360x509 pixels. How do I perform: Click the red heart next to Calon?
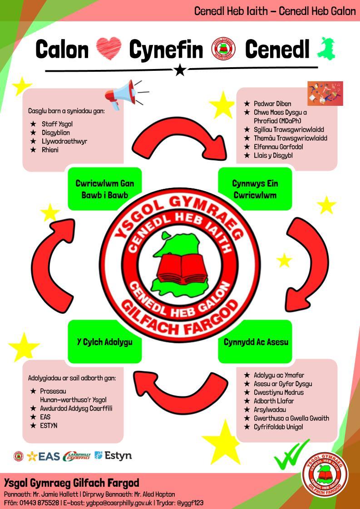pyautogui.click(x=108, y=49)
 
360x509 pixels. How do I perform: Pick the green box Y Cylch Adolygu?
pyautogui.click(x=104, y=342)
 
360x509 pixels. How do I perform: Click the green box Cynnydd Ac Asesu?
pyautogui.click(x=256, y=342)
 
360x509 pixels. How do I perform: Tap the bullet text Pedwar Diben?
pyautogui.click(x=272, y=104)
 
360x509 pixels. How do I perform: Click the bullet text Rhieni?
pyautogui.click(x=50, y=150)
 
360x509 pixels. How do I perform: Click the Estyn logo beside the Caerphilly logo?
pyautogui.click(x=113, y=455)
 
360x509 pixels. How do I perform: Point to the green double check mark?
pyautogui.click(x=291, y=454)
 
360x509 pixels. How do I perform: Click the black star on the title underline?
pyautogui.click(x=180, y=70)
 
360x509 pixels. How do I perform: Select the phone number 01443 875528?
pyautogui.click(x=39, y=503)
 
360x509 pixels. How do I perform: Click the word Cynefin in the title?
pyautogui.click(x=166, y=49)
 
